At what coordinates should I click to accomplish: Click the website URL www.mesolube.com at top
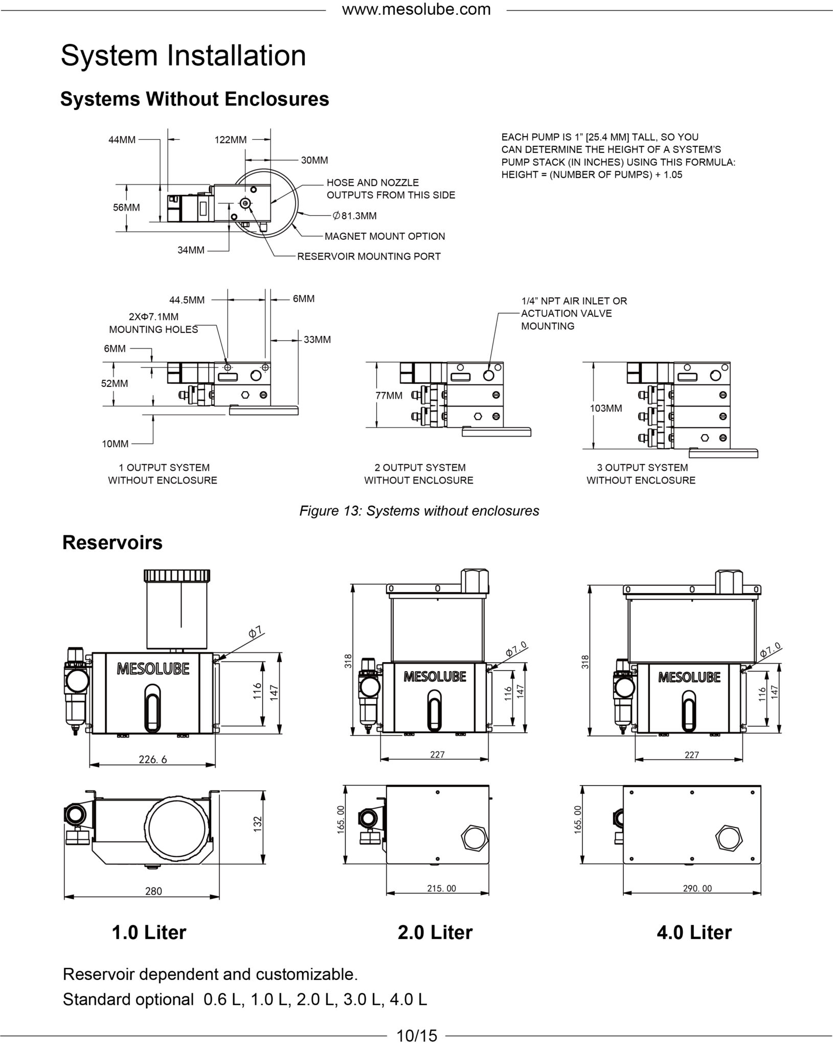416,9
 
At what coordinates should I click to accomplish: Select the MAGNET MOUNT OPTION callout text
385,236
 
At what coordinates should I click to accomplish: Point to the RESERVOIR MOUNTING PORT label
369,256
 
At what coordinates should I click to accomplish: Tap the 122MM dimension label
231,140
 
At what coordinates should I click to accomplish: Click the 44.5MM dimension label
187,300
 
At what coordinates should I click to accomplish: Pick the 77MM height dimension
390,395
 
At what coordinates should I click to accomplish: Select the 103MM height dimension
606,408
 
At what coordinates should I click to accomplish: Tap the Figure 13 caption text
419,511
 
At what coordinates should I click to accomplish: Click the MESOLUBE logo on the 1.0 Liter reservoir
153,669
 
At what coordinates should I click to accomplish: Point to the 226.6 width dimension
153,759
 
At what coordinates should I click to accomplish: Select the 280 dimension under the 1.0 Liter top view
153,891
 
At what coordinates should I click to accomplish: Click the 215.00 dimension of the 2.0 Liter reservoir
441,889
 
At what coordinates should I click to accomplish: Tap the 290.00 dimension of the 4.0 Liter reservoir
697,889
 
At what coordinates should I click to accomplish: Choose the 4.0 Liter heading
694,932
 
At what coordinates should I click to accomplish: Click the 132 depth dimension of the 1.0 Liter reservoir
257,823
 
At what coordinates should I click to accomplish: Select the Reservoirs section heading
112,542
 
